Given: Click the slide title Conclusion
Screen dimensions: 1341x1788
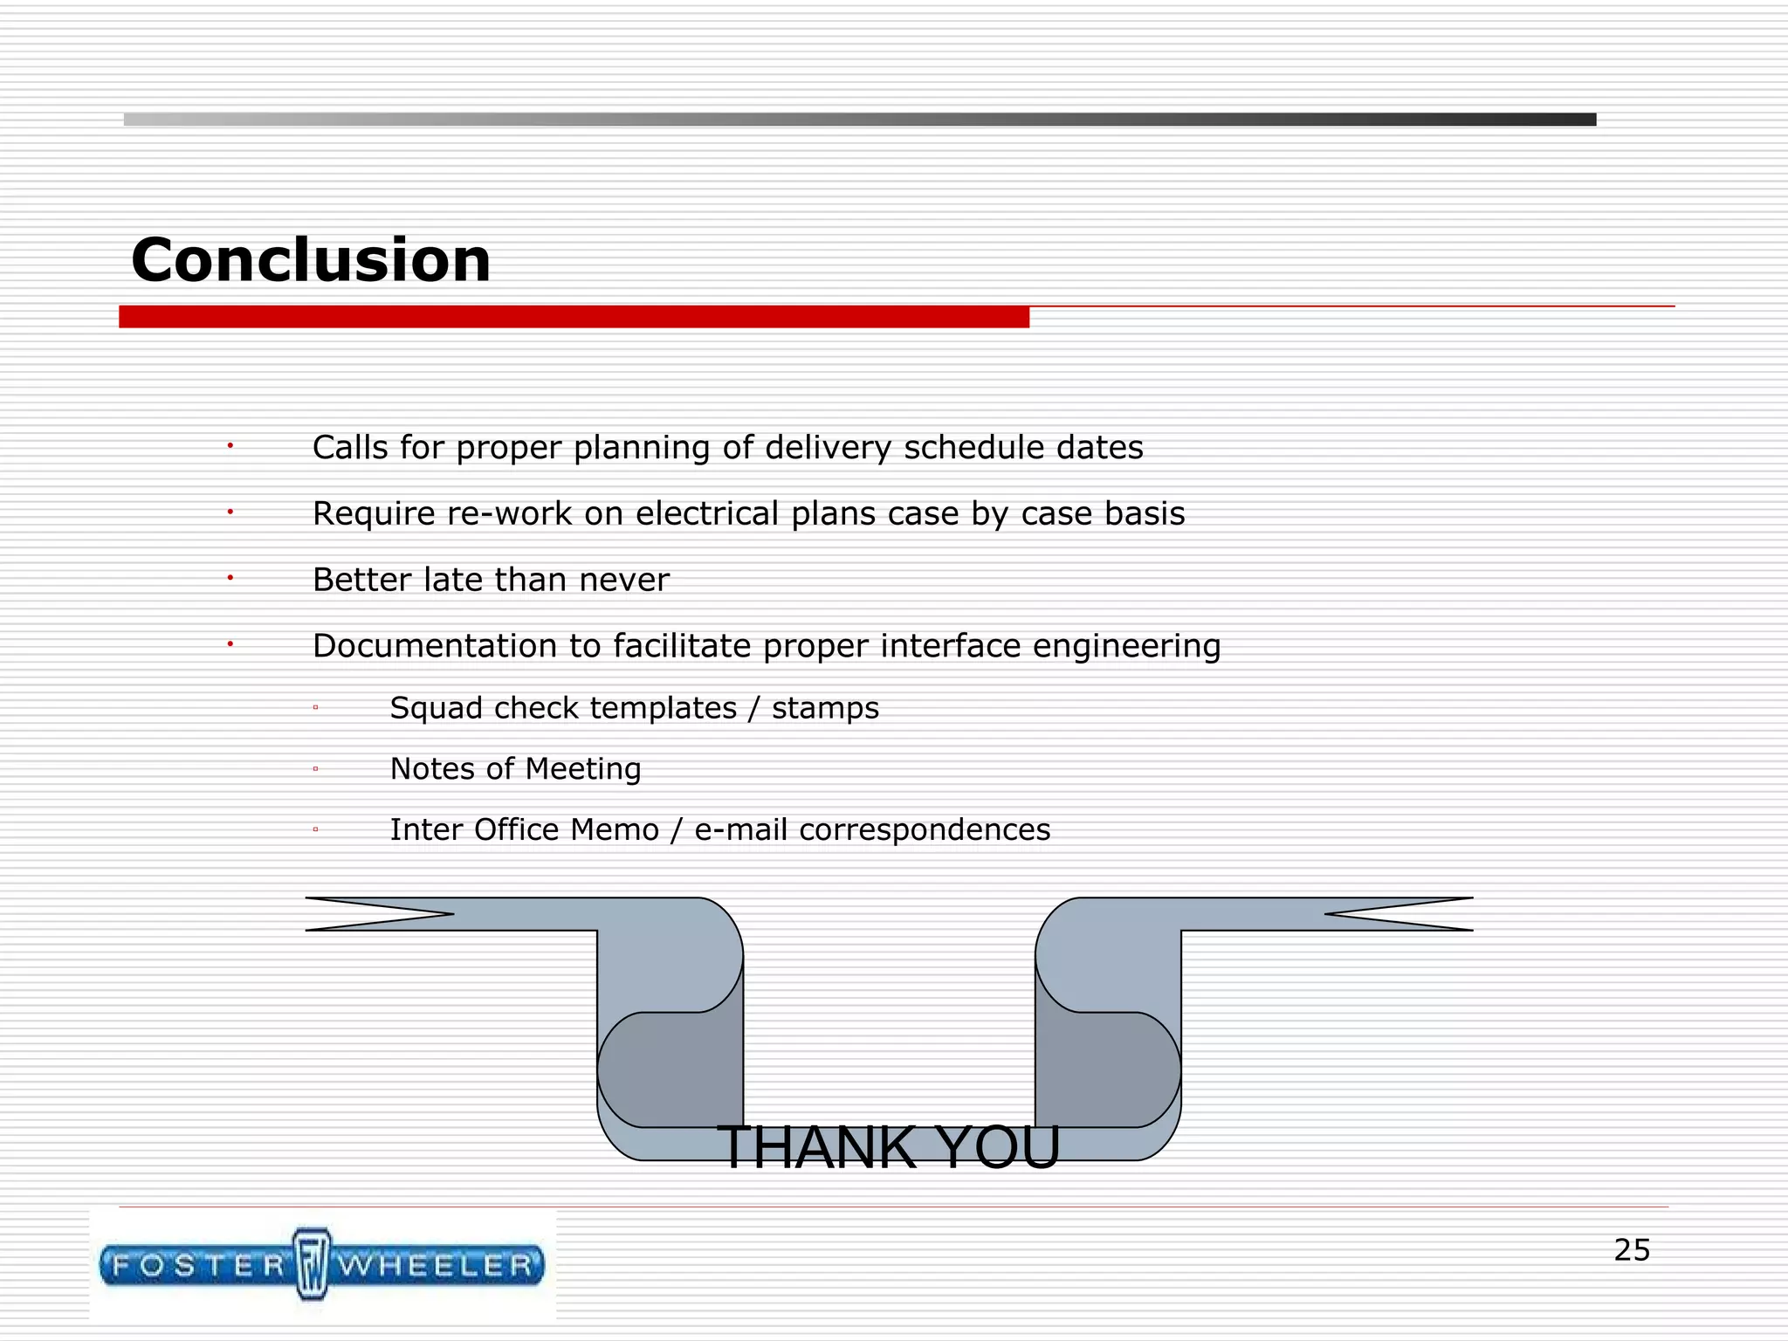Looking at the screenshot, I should click(311, 260).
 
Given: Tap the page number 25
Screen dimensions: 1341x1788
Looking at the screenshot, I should click(1631, 1250).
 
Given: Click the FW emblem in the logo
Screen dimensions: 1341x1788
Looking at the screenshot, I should click(311, 1264).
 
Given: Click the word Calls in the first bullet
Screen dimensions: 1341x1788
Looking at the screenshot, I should click(350, 447).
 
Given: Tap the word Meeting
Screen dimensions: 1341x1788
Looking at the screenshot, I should click(583, 768).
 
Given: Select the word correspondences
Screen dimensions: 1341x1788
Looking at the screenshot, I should click(925, 829).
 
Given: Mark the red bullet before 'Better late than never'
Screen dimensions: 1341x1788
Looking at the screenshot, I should click(230, 578).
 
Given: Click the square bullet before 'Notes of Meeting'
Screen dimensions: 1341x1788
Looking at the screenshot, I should click(315, 769).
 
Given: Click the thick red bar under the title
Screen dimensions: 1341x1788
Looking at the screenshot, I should click(574, 317).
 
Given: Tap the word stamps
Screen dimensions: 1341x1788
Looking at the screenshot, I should click(825, 708).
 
